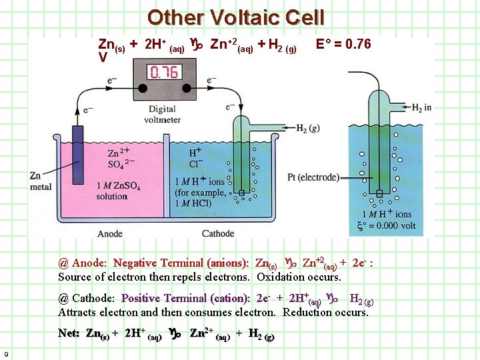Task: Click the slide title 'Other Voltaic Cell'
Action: coord(236,17)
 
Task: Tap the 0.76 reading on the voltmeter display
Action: coord(164,72)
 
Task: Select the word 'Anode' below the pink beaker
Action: coord(110,234)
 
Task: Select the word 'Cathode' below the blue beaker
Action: coord(218,234)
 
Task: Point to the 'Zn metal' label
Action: coord(41,181)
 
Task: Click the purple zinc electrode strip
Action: coord(78,153)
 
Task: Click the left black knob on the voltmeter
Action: coord(141,87)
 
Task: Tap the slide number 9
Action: coord(5,353)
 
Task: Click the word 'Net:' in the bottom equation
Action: coord(70,333)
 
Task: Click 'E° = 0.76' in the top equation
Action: coord(343,45)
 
